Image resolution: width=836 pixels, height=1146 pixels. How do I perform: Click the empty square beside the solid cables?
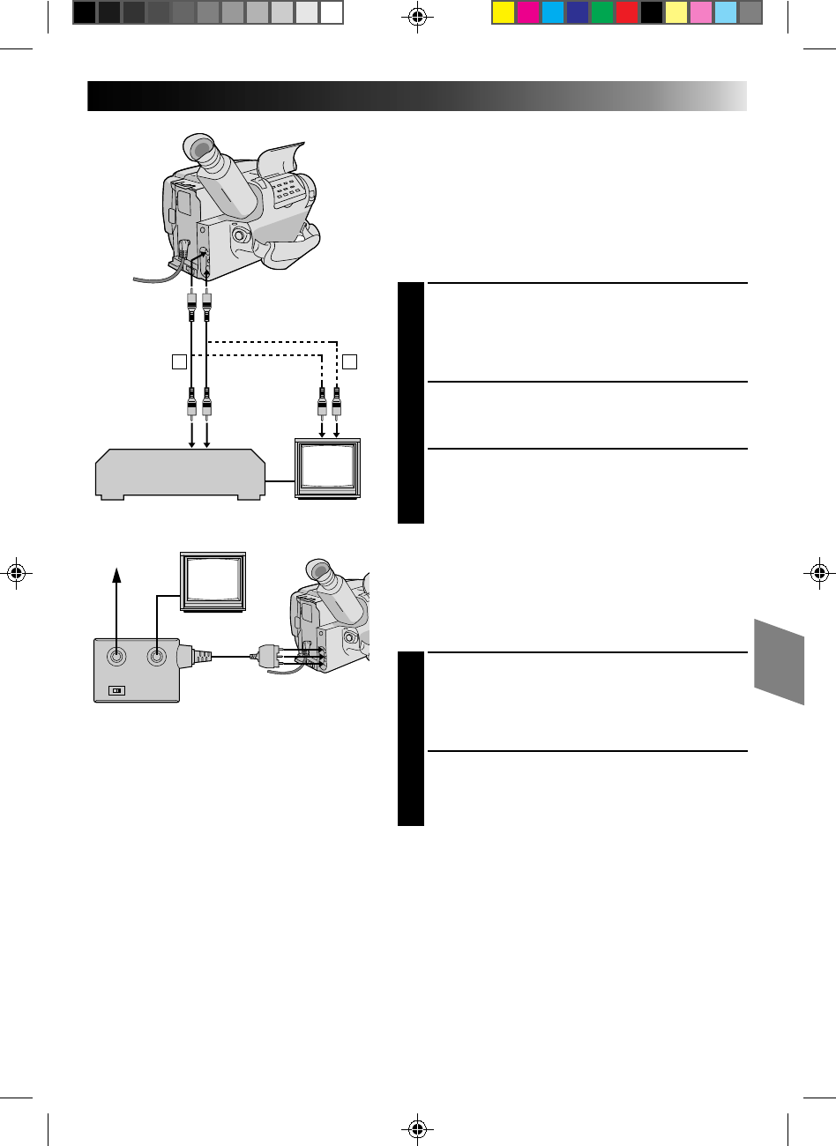pyautogui.click(x=179, y=361)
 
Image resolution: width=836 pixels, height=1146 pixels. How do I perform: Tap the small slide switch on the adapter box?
pyautogui.click(x=115, y=689)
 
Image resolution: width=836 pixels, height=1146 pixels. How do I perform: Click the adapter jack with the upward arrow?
pyautogui.click(x=116, y=656)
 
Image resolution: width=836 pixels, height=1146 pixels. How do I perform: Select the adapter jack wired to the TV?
pyautogui.click(x=156, y=656)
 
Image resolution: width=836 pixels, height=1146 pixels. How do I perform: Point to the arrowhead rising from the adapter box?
pyautogui.click(x=116, y=576)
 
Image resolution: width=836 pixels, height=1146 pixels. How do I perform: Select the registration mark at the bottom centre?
pyautogui.click(x=418, y=1128)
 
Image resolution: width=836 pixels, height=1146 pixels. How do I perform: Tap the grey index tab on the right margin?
pyautogui.click(x=780, y=660)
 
